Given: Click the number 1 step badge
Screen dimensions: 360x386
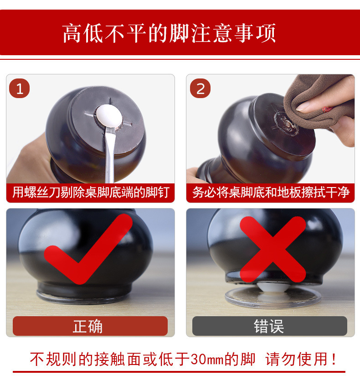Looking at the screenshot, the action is (20, 89).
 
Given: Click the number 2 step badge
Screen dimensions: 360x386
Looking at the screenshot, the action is (200, 89).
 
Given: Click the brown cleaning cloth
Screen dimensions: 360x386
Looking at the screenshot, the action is (320, 104).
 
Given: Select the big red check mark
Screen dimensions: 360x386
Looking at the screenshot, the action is (88, 249).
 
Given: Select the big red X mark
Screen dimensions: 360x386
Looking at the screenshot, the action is (273, 249).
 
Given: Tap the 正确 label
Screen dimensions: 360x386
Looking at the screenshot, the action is (87, 326).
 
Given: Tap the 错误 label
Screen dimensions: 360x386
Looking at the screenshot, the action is (269, 326).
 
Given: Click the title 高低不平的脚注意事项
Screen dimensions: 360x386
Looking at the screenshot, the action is (169, 33).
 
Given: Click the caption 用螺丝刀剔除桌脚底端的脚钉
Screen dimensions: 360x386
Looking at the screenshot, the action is (91, 192).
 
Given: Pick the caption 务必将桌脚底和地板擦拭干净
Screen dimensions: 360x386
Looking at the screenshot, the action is (271, 192).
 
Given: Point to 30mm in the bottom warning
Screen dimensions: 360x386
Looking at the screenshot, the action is (207, 360).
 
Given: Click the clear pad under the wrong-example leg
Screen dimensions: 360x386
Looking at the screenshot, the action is (273, 297).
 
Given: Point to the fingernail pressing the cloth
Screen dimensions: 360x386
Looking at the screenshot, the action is (303, 106).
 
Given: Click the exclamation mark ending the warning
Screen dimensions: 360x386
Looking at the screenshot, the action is (334, 359).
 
